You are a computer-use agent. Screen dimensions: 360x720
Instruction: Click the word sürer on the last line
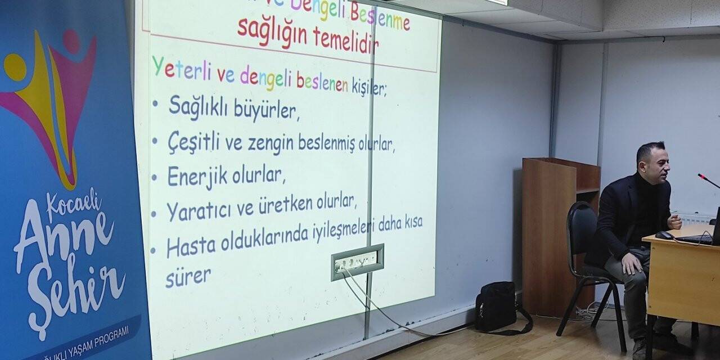tap(188, 277)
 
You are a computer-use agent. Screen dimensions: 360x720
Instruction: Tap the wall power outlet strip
tap(357, 262)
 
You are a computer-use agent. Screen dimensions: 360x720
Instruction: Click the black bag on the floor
tap(496, 307)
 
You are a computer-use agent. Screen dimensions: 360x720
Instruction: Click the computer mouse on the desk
tap(664, 235)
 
